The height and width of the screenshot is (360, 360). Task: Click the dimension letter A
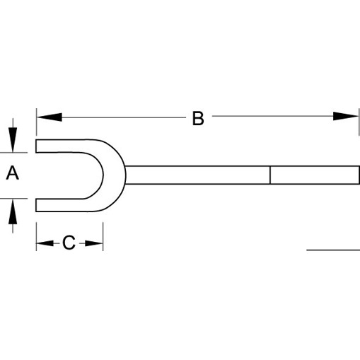pyautogui.click(x=13, y=173)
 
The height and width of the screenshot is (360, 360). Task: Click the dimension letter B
pyautogui.click(x=198, y=118)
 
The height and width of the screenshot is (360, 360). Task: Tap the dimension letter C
pyautogui.click(x=69, y=243)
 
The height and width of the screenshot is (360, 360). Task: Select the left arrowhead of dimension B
pyautogui.click(x=50, y=117)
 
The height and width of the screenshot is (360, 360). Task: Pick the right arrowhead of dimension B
pyautogui.click(x=346, y=116)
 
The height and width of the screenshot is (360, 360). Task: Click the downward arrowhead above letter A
pyautogui.click(x=13, y=139)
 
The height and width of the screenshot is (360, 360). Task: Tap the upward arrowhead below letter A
pyautogui.click(x=13, y=211)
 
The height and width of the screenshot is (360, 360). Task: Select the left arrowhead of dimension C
pyautogui.click(x=45, y=243)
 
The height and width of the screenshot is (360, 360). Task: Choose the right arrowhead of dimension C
pyautogui.click(x=94, y=243)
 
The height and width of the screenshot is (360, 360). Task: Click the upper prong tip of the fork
pyautogui.click(x=36, y=146)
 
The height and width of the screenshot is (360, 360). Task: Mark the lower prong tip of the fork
pyautogui.click(x=36, y=205)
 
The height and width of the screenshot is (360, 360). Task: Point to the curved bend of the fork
pyautogui.click(x=114, y=175)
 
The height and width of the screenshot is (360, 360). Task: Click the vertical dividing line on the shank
pyautogui.click(x=270, y=175)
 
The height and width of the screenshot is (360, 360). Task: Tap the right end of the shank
pyautogui.click(x=359, y=175)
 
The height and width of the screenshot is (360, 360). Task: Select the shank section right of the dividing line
pyautogui.click(x=315, y=175)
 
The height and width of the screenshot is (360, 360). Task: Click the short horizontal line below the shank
pyautogui.click(x=333, y=250)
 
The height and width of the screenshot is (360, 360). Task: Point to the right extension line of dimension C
pyautogui.click(x=103, y=236)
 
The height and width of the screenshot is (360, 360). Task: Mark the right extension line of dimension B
pyautogui.click(x=359, y=122)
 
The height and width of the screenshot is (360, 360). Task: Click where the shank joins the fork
pyautogui.click(x=126, y=175)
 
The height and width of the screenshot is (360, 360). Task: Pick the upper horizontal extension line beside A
pyautogui.click(x=13, y=153)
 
